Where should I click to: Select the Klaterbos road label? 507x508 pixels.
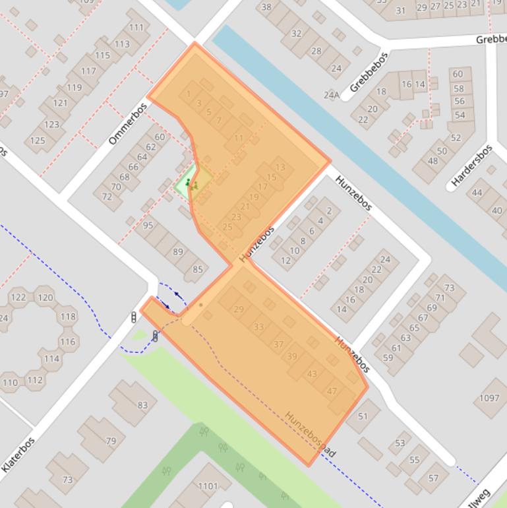click(18, 454)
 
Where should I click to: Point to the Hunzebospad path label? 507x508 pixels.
click(311, 435)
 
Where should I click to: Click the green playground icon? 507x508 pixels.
click(189, 183)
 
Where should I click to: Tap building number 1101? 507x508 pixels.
click(207, 486)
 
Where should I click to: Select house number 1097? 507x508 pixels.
click(489, 398)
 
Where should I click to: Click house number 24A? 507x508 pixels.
click(332, 95)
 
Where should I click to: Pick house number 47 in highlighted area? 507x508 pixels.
click(332, 391)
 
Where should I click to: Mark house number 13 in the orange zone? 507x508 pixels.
click(280, 167)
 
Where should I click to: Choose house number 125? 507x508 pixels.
click(38, 140)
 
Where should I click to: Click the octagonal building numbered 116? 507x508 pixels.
click(67, 342)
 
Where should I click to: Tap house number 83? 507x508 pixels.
click(142, 405)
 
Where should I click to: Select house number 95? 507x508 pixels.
click(148, 226)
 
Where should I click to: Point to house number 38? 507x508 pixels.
click(266, 7)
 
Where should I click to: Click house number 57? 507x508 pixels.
click(433, 478)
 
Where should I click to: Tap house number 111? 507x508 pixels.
click(136, 28)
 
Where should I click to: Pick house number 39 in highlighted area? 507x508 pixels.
click(291, 356)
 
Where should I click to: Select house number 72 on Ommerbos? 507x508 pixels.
click(107, 196)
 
